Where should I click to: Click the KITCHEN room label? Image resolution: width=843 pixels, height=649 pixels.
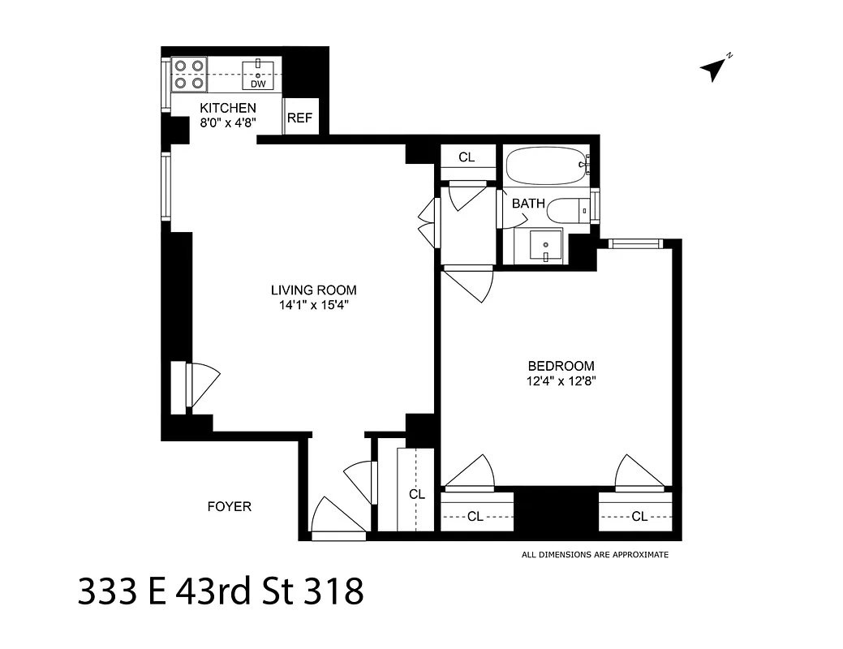(x=228, y=108)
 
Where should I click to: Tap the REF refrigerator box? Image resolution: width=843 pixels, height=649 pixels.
(x=299, y=118)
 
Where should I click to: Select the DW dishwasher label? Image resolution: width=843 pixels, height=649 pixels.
(x=258, y=84)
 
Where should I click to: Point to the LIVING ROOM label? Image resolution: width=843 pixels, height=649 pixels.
(x=313, y=290)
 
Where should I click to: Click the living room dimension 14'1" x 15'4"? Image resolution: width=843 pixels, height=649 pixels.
(x=313, y=306)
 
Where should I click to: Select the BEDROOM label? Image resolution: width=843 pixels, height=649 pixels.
(x=561, y=366)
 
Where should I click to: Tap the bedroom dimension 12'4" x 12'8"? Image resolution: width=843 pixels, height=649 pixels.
(x=561, y=380)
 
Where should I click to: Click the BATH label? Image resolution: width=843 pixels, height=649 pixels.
(x=528, y=204)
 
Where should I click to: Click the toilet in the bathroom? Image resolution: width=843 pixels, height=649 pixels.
(x=568, y=211)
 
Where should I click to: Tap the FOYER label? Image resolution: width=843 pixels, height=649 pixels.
(x=230, y=507)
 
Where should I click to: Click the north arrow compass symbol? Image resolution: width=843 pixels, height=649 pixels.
(x=714, y=69)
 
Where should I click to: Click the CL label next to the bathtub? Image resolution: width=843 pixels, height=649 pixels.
(x=467, y=157)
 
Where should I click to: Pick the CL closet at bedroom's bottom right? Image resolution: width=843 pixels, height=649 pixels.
(x=639, y=516)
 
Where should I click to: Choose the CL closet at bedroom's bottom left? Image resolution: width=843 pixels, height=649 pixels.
(x=475, y=516)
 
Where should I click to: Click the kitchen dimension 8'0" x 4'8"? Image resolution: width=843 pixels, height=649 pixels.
(x=228, y=123)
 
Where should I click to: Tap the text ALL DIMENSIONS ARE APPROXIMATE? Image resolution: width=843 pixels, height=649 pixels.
(x=595, y=555)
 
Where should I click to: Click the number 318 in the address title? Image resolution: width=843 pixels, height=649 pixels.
(x=333, y=592)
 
